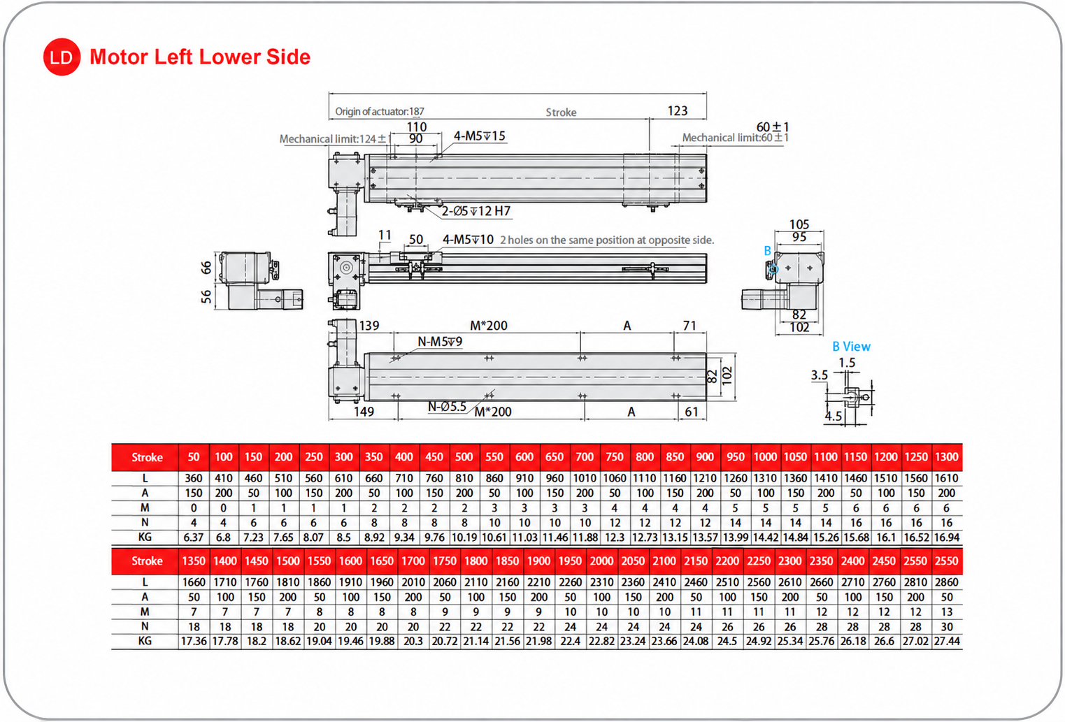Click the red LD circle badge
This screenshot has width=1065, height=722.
pos(62,57)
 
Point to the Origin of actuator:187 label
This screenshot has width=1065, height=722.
pos(380,112)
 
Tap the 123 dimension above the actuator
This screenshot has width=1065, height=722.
pos(678,110)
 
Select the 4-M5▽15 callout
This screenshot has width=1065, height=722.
pos(479,136)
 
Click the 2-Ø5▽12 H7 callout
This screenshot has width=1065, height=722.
pos(476,211)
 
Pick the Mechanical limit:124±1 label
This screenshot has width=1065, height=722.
pos(335,139)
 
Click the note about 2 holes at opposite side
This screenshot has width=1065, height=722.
pos(607,240)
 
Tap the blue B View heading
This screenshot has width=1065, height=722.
pos(851,347)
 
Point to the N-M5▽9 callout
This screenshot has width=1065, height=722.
pos(440,342)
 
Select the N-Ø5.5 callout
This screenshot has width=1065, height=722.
pos(447,406)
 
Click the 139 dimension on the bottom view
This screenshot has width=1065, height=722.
pos(369,326)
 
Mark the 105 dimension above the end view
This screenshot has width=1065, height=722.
pos(799,224)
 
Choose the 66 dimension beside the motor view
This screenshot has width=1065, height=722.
pos(206,268)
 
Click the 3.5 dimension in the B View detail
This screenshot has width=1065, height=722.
pos(819,375)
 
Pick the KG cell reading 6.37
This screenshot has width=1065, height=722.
pos(194,537)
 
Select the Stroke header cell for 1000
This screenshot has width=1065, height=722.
pos(765,457)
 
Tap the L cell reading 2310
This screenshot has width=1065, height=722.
pos(601,582)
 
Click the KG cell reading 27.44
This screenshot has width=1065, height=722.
pos(947,641)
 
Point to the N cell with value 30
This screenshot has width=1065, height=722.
pos(947,626)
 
